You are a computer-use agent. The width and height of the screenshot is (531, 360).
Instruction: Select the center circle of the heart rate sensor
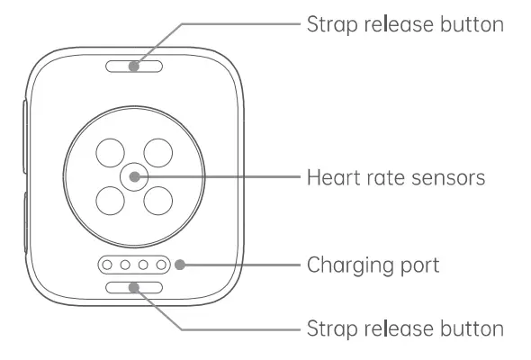pyautogui.click(x=134, y=176)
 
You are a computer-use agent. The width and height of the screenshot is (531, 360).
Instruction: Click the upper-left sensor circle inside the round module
pyautogui.click(x=111, y=153)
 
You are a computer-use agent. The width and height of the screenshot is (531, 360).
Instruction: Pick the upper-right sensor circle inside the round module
pyautogui.click(x=159, y=153)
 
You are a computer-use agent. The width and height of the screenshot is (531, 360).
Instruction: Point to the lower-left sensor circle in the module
pyautogui.click(x=111, y=200)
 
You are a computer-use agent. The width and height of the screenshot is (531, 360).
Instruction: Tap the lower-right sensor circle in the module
pyautogui.click(x=159, y=200)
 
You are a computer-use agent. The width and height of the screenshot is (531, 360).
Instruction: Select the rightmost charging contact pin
pyautogui.click(x=163, y=266)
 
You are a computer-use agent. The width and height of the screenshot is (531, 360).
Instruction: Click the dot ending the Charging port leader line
pyautogui.click(x=181, y=265)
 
